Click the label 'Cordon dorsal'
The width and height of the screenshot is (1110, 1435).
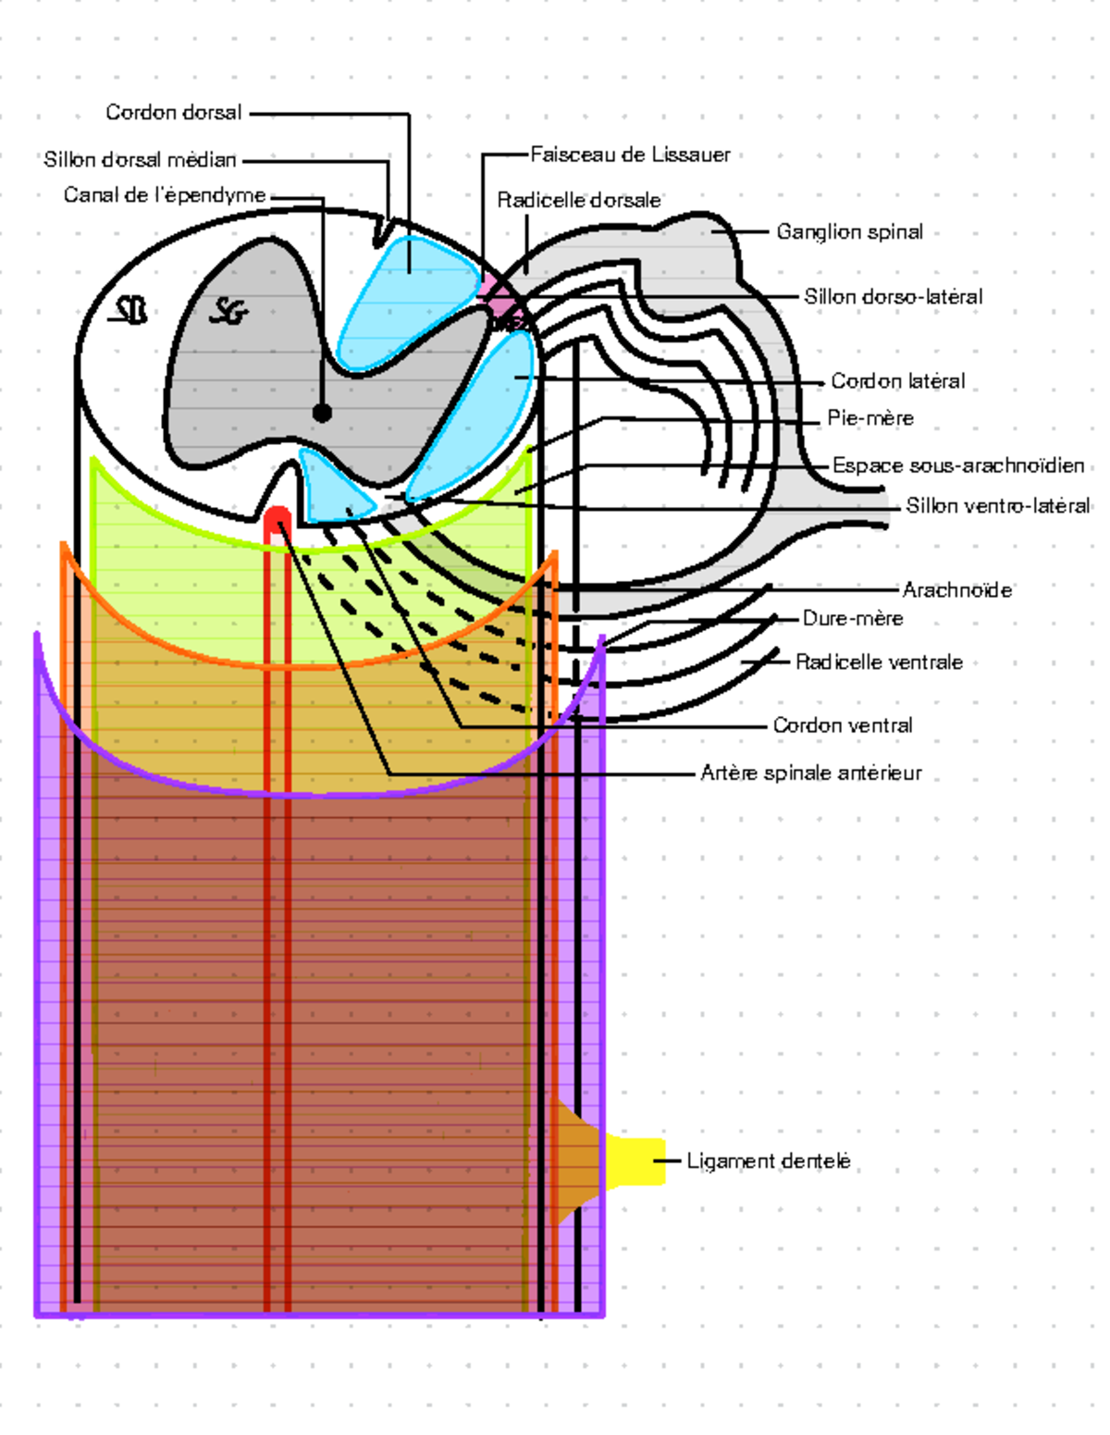coord(173,113)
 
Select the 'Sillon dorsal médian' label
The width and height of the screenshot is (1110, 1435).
coord(140,160)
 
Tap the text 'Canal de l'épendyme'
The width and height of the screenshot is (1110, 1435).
coord(165,195)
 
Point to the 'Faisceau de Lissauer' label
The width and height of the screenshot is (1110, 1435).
coord(630,155)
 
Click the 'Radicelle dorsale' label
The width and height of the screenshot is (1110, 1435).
coord(579,200)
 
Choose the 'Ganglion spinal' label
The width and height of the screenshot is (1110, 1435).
coord(849,232)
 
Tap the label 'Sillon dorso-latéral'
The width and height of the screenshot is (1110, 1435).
coord(893,297)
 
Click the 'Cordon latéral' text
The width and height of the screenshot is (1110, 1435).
coord(897,381)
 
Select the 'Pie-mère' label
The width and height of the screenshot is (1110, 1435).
coord(870,418)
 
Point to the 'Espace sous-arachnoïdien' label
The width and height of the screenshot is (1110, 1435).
coord(958,465)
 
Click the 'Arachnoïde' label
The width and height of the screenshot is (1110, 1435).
coord(957,590)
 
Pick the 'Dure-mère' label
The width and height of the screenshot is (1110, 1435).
coord(853,618)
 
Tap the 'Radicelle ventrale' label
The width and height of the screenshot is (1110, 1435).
coord(879,662)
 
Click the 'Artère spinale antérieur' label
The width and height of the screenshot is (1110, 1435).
coord(811,773)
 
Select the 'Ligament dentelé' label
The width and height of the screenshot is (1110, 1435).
coord(768,1161)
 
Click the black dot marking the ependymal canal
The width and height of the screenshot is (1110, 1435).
coord(322,413)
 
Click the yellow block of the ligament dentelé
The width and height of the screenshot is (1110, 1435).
coord(636,1161)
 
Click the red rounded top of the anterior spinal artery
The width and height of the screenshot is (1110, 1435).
coord(277,518)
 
